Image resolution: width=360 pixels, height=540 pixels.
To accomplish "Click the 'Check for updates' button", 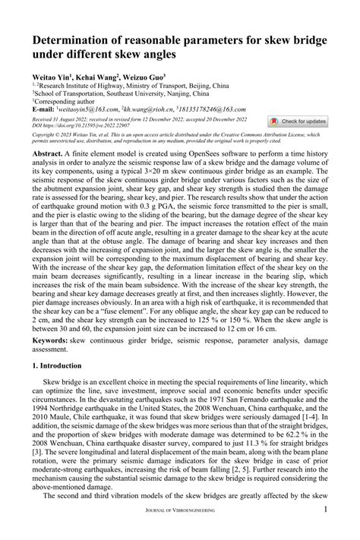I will coord(298,121).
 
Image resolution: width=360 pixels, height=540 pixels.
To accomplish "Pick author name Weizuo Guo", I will coord(143,77).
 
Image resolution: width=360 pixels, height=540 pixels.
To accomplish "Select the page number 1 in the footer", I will coord(325,530).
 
